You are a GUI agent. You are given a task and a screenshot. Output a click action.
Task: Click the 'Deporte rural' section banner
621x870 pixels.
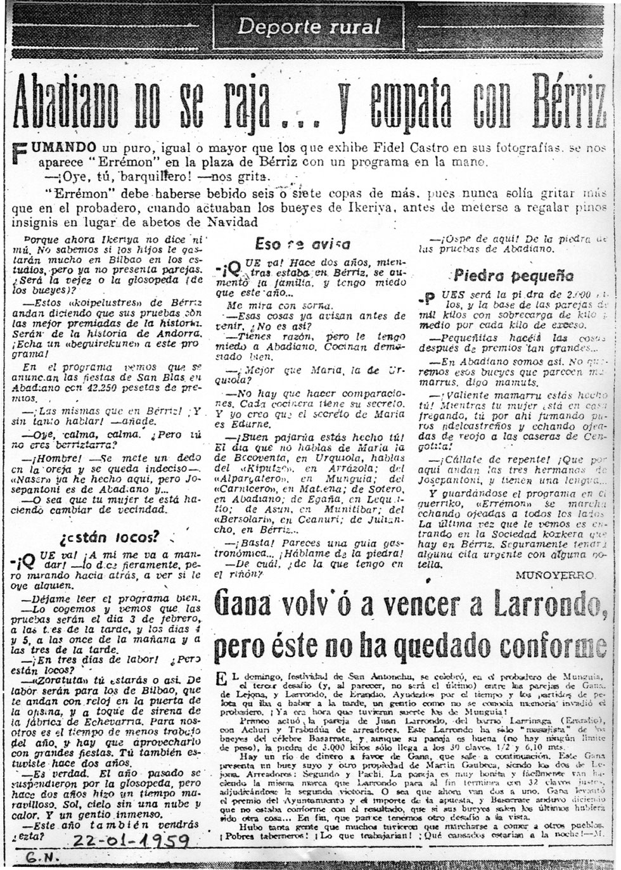309,27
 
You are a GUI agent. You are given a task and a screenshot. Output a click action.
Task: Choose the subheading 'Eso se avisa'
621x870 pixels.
293,244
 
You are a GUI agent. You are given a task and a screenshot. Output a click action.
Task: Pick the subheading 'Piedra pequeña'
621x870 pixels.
513,276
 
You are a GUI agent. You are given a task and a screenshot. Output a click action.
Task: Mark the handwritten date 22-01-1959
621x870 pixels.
132,841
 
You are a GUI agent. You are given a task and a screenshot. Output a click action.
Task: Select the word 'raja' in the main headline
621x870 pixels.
239,99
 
